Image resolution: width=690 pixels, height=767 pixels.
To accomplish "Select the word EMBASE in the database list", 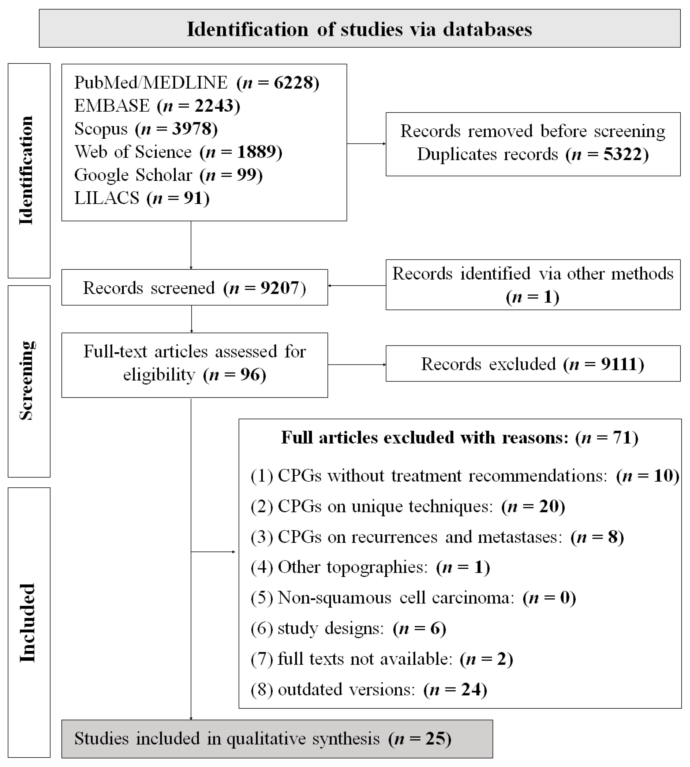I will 112,106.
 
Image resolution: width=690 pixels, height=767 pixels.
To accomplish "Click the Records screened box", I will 194,288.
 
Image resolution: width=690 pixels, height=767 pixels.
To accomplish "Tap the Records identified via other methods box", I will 533,285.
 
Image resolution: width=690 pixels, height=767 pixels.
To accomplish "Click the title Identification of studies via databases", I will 359,29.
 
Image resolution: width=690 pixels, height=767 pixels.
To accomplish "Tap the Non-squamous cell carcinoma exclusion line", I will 413,598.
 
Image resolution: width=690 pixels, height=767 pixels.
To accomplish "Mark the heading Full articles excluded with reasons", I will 459,438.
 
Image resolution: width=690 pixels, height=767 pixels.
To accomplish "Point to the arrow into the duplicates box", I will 383,144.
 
